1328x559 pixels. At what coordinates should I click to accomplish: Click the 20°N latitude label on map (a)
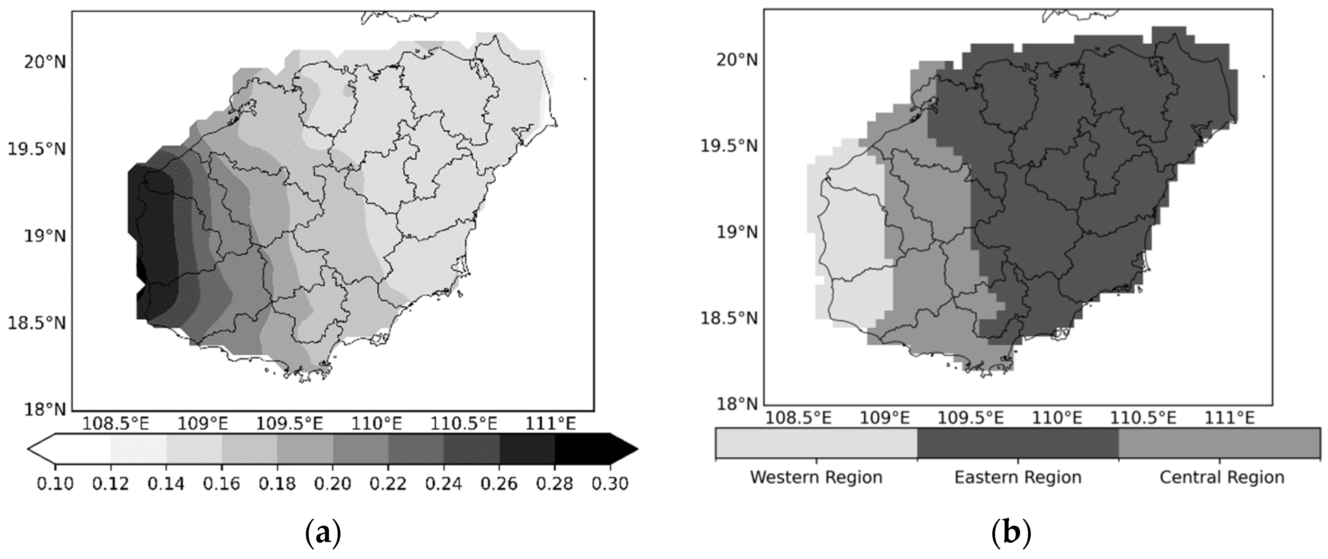coord(44,62)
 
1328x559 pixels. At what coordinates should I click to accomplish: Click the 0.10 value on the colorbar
coord(55,484)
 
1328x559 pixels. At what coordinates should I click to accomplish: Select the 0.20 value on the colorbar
coord(332,484)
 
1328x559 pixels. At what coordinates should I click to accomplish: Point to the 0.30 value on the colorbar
coord(610,484)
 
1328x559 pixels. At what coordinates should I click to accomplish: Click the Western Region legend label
coord(816,477)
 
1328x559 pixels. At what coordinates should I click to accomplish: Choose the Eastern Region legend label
coord(1018,477)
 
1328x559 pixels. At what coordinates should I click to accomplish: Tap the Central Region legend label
coord(1222,477)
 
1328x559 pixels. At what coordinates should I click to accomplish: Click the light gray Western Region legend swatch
coord(816,443)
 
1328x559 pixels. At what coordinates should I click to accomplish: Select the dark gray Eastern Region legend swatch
coord(1018,443)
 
